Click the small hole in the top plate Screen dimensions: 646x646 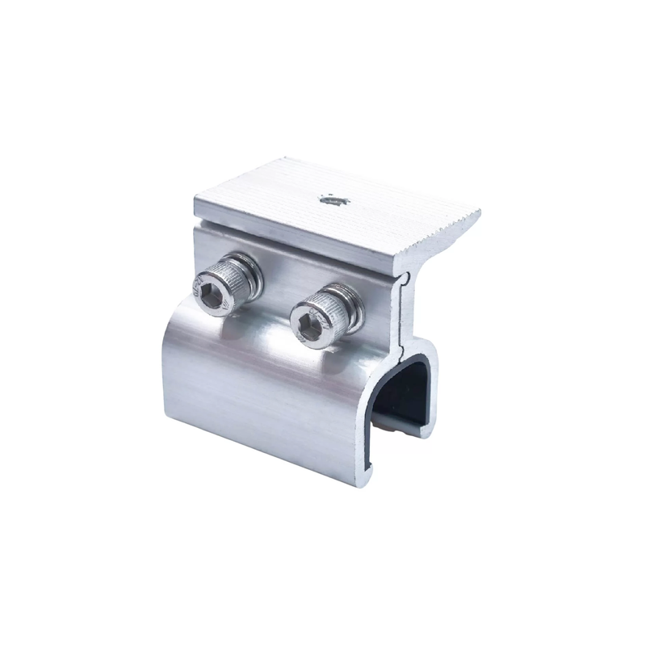click(x=331, y=199)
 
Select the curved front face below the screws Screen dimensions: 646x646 click(x=258, y=388)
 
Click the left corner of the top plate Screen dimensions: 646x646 click(x=196, y=198)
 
